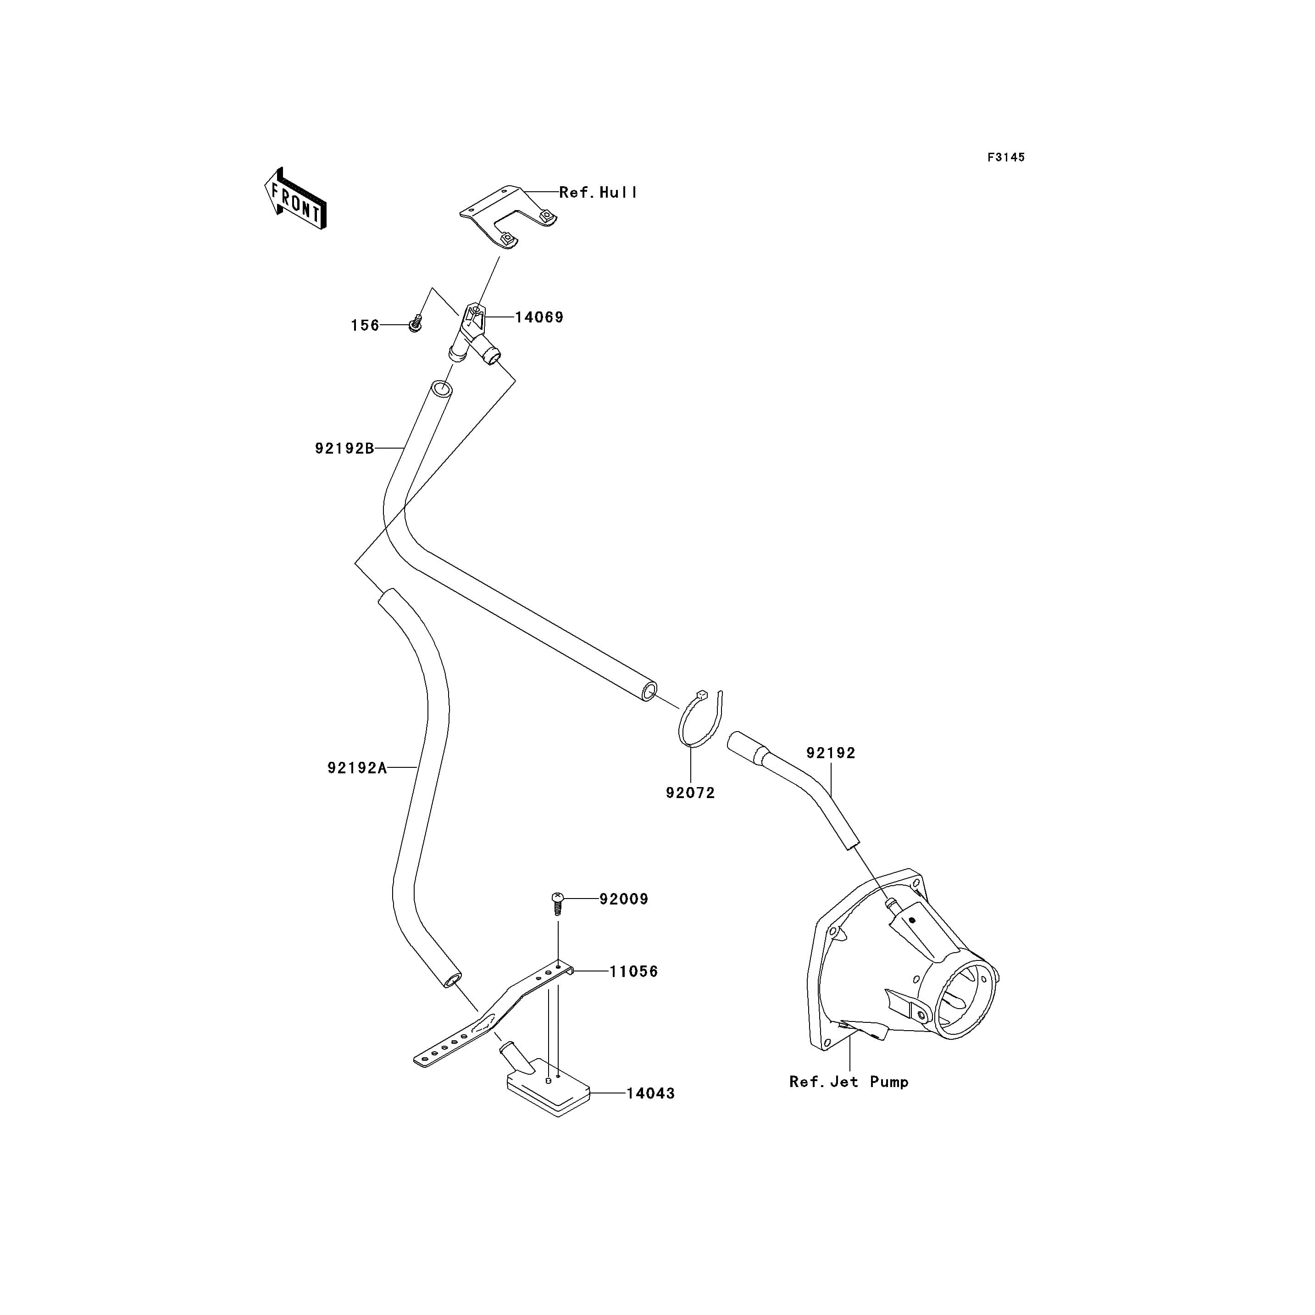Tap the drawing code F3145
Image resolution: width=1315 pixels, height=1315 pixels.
pyautogui.click(x=1005, y=157)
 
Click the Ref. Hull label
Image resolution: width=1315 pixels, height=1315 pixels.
pyautogui.click(x=598, y=193)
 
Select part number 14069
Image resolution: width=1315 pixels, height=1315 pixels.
pyautogui.click(x=538, y=317)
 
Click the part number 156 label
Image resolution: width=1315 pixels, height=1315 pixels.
pyautogui.click(x=365, y=325)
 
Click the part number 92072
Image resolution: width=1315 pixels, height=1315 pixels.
pyautogui.click(x=690, y=793)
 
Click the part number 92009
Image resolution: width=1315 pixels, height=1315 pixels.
pyautogui.click(x=623, y=899)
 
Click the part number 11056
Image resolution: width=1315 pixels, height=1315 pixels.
pyautogui.click(x=633, y=971)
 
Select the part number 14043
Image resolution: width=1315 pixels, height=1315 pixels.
pyautogui.click(x=650, y=1093)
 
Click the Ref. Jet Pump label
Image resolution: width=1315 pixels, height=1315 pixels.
pyautogui.click(x=848, y=1082)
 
